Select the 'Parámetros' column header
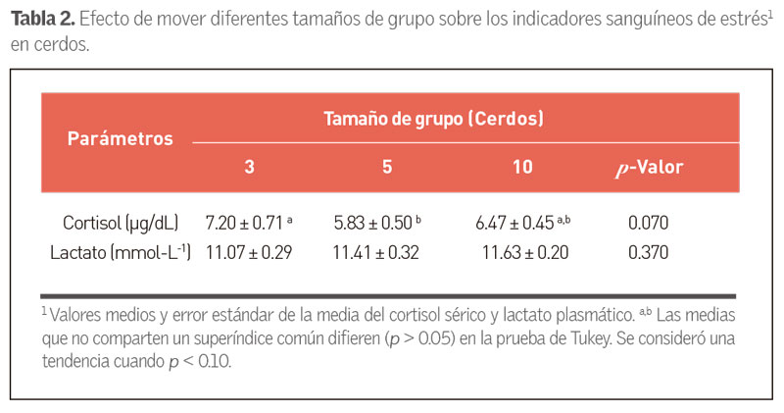pos(120,138)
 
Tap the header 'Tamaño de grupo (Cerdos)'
pos(434,119)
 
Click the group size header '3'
pos(249,167)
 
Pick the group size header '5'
pos(387,167)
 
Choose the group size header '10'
pos(522,167)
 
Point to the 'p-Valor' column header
pos(647,167)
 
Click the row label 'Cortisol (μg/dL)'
pos(121,224)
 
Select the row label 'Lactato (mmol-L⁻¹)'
pos(121,253)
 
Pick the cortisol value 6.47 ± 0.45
pos(516,224)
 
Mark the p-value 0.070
pos(648,224)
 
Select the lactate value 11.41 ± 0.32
pos(375,253)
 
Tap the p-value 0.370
pos(648,253)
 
